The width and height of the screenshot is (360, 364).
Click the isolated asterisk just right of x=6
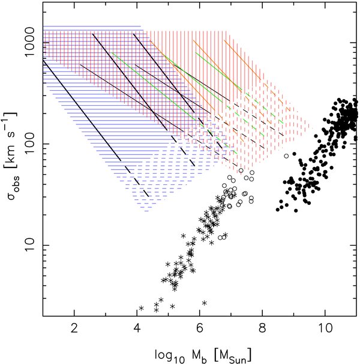coord(205,303)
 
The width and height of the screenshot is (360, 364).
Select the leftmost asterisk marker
coord(141,308)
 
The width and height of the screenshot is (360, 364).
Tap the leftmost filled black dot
coord(278,210)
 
